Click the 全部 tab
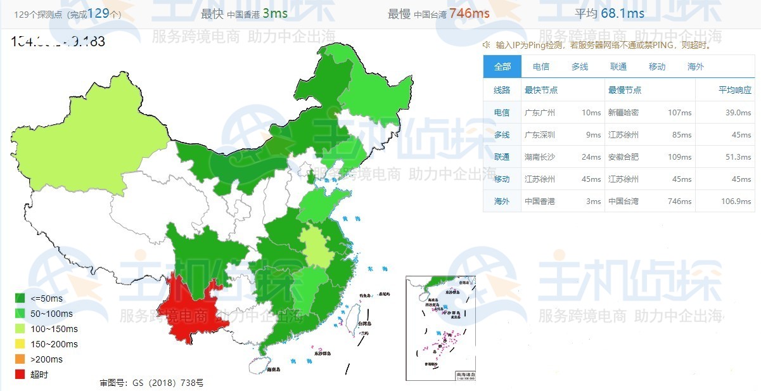pyautogui.click(x=502, y=67)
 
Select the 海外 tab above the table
pyautogui.click(x=695, y=67)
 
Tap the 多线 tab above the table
pyautogui.click(x=579, y=67)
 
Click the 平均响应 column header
pyautogui.click(x=734, y=90)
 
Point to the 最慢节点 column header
pyautogui.click(x=624, y=90)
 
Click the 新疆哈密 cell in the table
pyautogui.click(x=624, y=112)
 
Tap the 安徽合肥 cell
pyautogui.click(x=624, y=157)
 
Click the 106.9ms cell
pyautogui.click(x=736, y=201)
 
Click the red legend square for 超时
pyautogui.click(x=20, y=375)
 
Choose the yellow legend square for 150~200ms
pyautogui.click(x=20, y=344)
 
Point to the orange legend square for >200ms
pyautogui.click(x=20, y=359)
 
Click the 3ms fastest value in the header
pyautogui.click(x=274, y=13)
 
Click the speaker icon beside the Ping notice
pyautogui.click(x=487, y=45)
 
